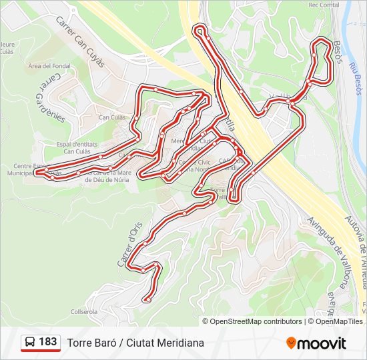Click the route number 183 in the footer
coord(48,342)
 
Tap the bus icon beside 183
coord(31,343)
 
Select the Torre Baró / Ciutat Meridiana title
coord(135,343)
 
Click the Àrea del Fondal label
coord(49,66)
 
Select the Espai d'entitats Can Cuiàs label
coord(77,147)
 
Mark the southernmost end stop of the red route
coord(147,301)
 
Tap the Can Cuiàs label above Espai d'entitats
coord(112,117)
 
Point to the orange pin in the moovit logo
coord(291,343)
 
